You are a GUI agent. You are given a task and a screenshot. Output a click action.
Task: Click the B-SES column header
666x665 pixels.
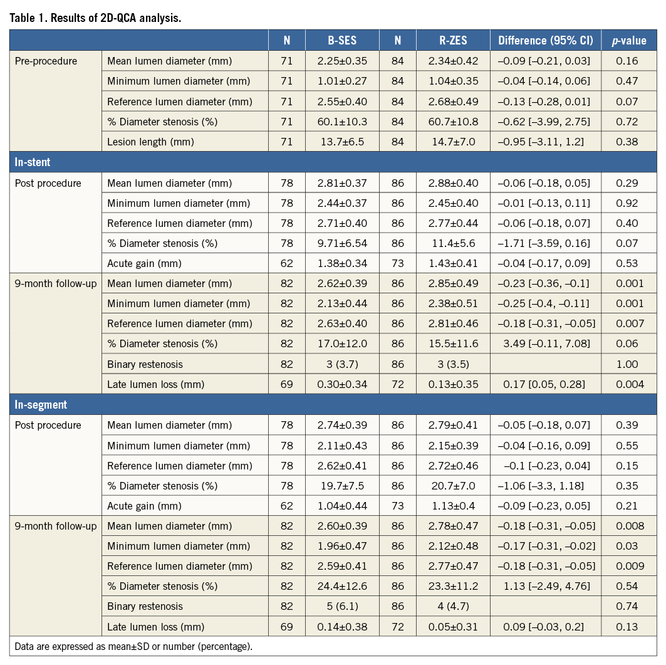coord(342,41)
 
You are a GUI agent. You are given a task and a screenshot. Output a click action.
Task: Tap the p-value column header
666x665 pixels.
coord(628,41)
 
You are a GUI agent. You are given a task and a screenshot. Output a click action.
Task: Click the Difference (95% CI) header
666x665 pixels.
coord(545,41)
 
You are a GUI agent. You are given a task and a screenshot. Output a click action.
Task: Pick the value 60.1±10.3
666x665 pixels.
coord(342,122)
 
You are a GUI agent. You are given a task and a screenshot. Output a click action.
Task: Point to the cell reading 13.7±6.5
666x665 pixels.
coord(342,142)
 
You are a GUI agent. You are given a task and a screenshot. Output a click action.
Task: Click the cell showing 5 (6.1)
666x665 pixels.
coord(342,607)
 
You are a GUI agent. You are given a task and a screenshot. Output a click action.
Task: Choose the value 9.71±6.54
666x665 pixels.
coord(342,243)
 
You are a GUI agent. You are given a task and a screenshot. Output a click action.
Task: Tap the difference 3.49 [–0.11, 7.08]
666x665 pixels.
coord(545,344)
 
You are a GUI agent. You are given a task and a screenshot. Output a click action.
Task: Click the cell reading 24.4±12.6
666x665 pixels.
coord(342,587)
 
